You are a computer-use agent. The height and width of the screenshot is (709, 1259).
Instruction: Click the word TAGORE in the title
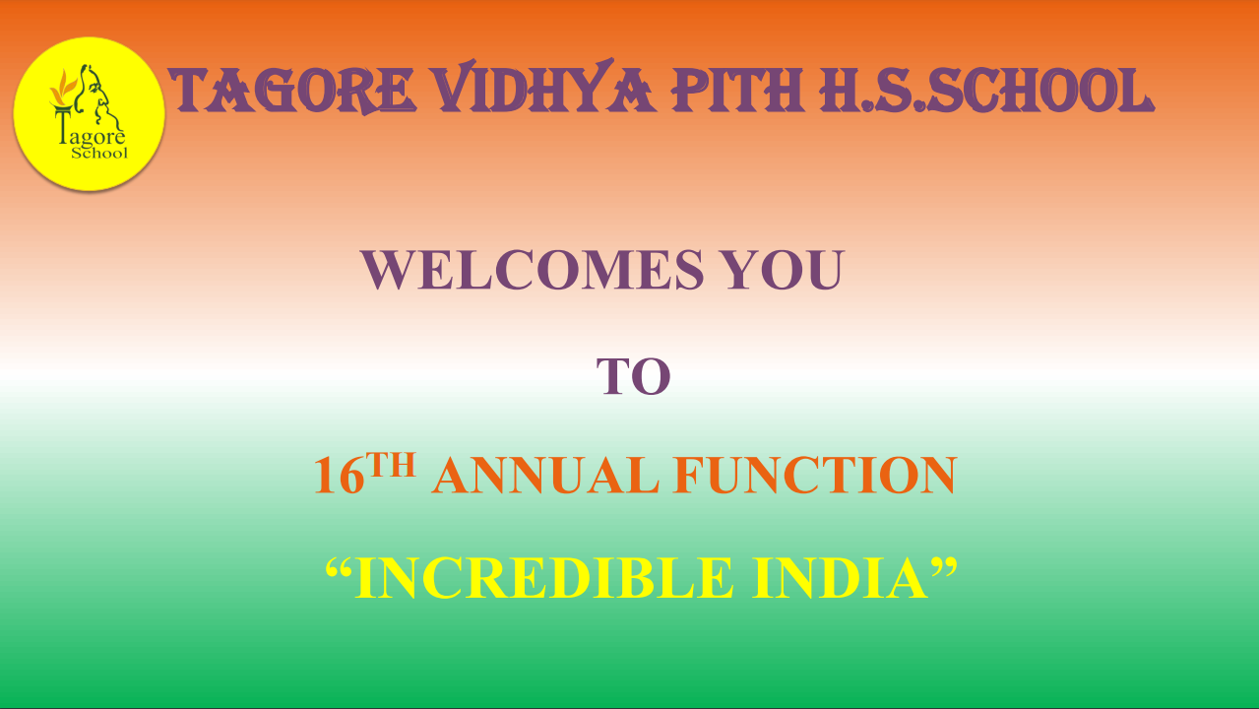[x=292, y=90]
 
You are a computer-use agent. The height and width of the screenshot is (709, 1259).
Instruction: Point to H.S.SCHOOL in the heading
[x=986, y=90]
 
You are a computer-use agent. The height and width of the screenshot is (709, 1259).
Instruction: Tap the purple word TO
[x=633, y=376]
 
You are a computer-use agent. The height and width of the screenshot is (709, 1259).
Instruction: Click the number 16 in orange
[x=339, y=476]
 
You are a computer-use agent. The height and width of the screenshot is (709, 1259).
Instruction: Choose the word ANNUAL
[x=545, y=475]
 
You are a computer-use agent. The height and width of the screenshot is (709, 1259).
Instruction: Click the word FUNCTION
[x=815, y=475]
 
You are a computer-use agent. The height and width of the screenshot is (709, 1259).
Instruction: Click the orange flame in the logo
[x=62, y=88]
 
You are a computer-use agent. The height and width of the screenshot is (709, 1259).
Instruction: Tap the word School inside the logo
[x=99, y=153]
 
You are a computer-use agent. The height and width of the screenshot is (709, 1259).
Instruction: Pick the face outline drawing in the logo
[x=98, y=96]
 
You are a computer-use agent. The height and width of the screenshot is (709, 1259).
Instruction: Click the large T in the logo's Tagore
[x=63, y=126]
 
